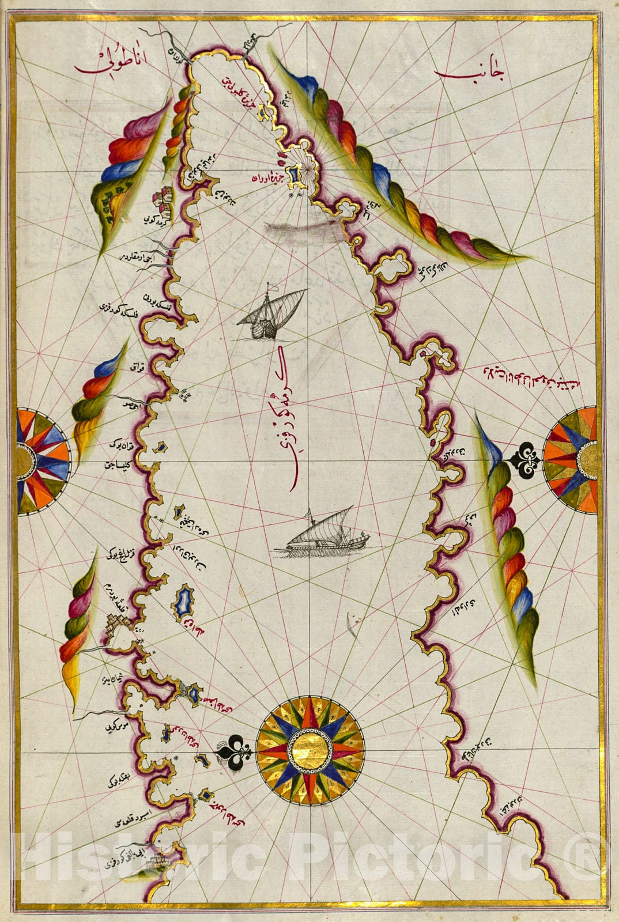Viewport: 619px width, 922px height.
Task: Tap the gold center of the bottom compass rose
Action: (310, 751)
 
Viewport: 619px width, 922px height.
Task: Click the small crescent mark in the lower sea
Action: (350, 625)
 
